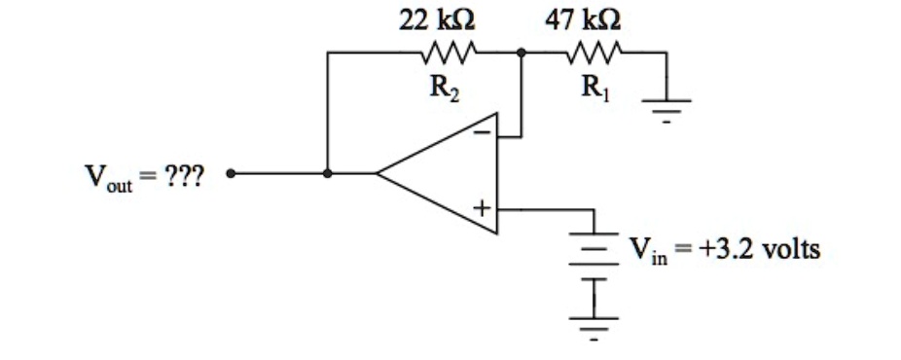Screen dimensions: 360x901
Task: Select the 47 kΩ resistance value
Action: pos(586,19)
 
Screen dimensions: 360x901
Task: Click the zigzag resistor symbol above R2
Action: pos(446,54)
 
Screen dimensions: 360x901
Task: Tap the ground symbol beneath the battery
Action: pos(594,325)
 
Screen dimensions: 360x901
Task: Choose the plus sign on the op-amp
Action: pos(482,208)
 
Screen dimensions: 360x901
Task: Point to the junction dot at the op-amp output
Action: pos(328,174)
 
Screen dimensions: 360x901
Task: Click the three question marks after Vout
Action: pos(184,177)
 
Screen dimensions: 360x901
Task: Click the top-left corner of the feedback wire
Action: pos(328,54)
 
